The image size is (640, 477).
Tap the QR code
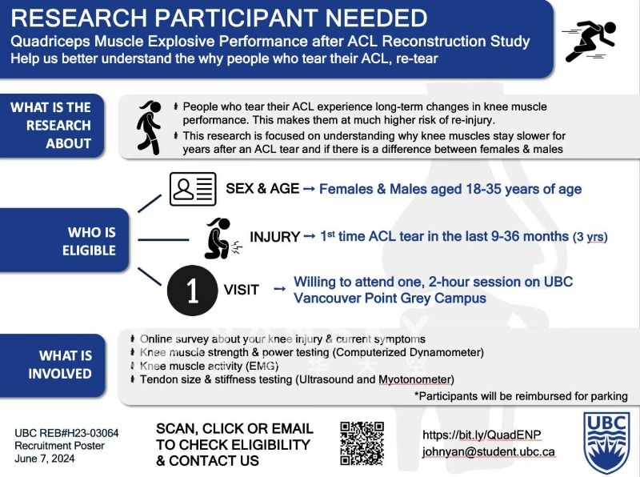tap(362, 443)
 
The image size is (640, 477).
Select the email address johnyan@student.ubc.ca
tap(488, 451)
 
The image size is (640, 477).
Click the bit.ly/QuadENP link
tap(482, 435)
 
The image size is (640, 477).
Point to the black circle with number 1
tap(192, 289)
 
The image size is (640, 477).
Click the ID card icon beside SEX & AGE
tap(193, 189)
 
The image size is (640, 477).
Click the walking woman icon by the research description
tap(149, 126)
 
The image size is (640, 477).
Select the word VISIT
tap(241, 290)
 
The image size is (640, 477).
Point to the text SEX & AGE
tap(262, 189)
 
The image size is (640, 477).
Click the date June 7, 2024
tap(45, 459)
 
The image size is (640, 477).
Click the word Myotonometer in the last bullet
tap(415, 379)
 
